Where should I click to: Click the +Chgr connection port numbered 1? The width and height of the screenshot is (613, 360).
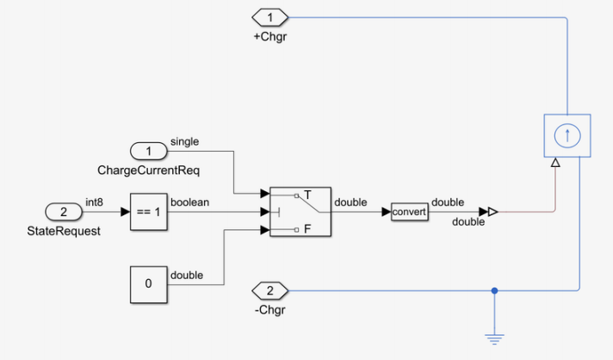click(269, 17)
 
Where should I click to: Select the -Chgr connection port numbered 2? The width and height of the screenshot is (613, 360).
click(269, 290)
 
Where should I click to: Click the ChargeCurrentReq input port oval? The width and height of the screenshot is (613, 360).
click(149, 151)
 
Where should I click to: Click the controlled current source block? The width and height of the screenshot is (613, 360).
click(567, 135)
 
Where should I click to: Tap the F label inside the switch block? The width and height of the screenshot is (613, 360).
click(306, 229)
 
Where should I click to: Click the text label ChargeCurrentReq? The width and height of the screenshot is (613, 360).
click(149, 171)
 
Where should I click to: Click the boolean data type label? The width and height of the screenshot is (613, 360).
click(190, 202)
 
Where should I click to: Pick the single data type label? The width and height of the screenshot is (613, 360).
click(185, 141)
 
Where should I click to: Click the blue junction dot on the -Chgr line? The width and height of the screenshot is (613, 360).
click(494, 290)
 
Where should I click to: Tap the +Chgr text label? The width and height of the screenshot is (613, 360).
click(269, 36)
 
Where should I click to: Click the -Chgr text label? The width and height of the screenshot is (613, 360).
click(269, 309)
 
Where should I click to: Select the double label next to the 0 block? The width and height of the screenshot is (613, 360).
click(187, 275)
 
